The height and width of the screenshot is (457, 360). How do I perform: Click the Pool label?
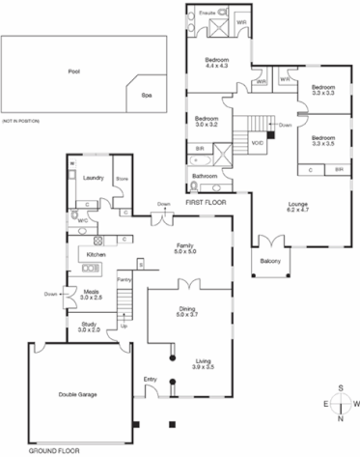click(x=74, y=71)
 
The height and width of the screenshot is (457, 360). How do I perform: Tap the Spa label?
click(x=147, y=96)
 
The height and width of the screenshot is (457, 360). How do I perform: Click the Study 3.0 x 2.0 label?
click(x=89, y=327)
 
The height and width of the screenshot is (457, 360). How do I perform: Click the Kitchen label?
click(x=96, y=254)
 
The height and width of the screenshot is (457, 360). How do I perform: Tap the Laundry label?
click(x=94, y=178)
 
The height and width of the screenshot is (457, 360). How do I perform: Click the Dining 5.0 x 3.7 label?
click(x=186, y=311)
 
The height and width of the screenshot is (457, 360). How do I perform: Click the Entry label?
click(x=151, y=379)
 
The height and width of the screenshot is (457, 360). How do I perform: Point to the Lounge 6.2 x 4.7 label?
click(x=299, y=206)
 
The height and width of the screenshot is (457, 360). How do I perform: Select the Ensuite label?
click(x=207, y=12)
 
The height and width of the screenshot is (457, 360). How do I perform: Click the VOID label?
click(x=258, y=143)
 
